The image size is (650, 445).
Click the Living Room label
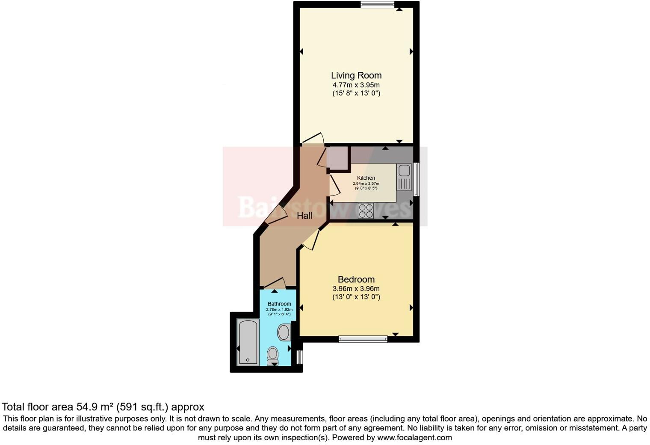pos(356,76)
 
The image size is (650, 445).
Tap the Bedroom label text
pos(356,280)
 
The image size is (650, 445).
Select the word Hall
pos(304,216)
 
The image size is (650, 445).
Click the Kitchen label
pos(366,178)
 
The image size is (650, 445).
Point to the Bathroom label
pos(279,304)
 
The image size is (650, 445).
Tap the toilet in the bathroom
pos(273,355)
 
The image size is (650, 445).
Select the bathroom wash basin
pos(284,332)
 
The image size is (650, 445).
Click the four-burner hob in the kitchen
pos(366,211)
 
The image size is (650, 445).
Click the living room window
pos(377,5)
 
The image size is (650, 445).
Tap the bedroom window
pos(363,339)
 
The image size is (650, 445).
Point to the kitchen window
pos(416,179)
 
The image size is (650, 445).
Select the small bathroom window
pos(299,357)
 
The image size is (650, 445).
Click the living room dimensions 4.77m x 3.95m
pos(356,85)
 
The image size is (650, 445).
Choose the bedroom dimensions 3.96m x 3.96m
pos(356,289)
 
